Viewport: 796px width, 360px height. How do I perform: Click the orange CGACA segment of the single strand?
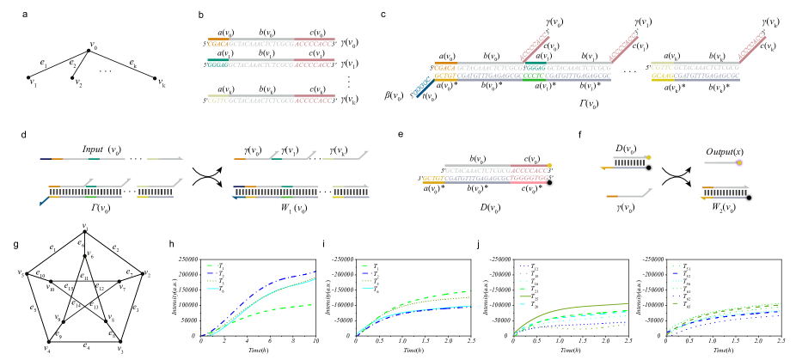pyautogui.click(x=217, y=43)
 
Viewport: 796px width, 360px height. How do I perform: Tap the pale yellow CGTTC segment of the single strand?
pyautogui.click(x=217, y=101)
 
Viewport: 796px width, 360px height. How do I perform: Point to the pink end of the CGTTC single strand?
pyautogui.click(x=315, y=101)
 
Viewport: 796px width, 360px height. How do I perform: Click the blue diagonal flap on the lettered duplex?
pyautogui.click(x=422, y=88)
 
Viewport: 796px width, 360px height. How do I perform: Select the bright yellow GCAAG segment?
pyautogui.click(x=662, y=76)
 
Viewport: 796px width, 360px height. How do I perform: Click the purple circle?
pyautogui.click(x=739, y=162)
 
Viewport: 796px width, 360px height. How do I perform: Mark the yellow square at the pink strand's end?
pyautogui.click(x=549, y=166)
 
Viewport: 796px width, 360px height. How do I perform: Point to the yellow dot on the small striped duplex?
pyautogui.click(x=648, y=157)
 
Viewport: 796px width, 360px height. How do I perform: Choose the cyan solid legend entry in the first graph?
pyautogui.click(x=213, y=289)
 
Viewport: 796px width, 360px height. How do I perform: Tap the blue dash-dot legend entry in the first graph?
pyautogui.click(x=213, y=273)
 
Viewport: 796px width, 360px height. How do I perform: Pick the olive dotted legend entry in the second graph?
pyautogui.click(x=366, y=281)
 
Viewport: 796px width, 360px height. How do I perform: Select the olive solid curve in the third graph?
pyautogui.click(x=585, y=307)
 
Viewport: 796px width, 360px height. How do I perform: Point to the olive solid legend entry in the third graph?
pyautogui.click(x=524, y=296)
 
